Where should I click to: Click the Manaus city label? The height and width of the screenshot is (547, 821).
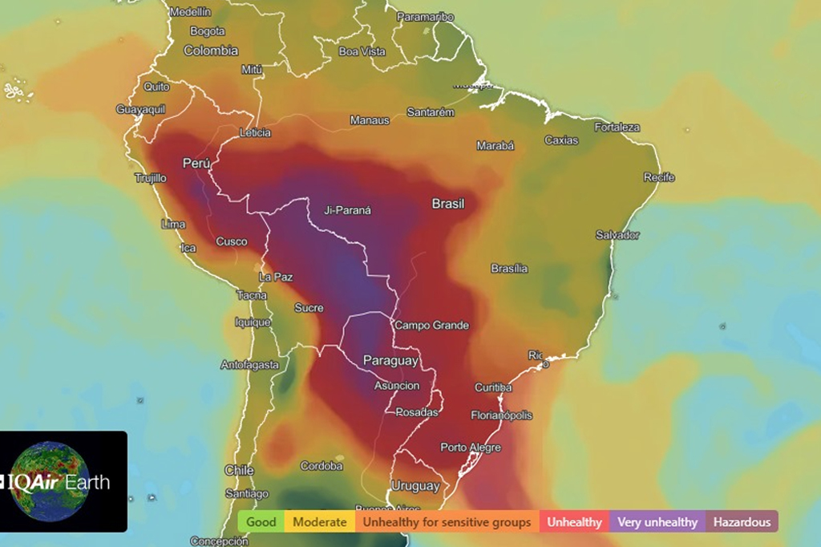coord(370,120)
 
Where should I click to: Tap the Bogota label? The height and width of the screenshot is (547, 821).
coord(208,31)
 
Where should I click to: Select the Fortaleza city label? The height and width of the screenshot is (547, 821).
coord(617,127)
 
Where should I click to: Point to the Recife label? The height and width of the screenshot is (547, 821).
coord(659,177)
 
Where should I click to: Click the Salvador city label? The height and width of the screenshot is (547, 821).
coord(617,235)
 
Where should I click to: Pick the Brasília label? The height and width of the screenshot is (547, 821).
coord(509,269)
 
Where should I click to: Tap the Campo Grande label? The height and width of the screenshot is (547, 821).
coord(431,326)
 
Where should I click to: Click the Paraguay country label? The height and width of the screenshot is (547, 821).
coord(390,361)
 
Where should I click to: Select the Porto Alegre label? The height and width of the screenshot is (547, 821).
coord(471,448)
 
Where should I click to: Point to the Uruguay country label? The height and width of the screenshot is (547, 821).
coord(415,486)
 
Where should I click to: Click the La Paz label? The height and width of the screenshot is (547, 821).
coord(276,277)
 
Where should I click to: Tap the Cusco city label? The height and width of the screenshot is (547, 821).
coord(232,241)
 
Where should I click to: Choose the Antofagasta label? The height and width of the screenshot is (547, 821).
coord(250,365)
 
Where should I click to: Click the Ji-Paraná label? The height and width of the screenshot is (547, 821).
coord(348,211)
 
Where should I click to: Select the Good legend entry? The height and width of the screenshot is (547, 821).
coord(261,522)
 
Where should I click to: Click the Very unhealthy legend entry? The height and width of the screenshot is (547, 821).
coord(657,522)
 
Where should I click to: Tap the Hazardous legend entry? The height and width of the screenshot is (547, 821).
coord(742,522)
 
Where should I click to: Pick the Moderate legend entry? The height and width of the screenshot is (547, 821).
coord(320,522)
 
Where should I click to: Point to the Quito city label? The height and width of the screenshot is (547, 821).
coord(156,87)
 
